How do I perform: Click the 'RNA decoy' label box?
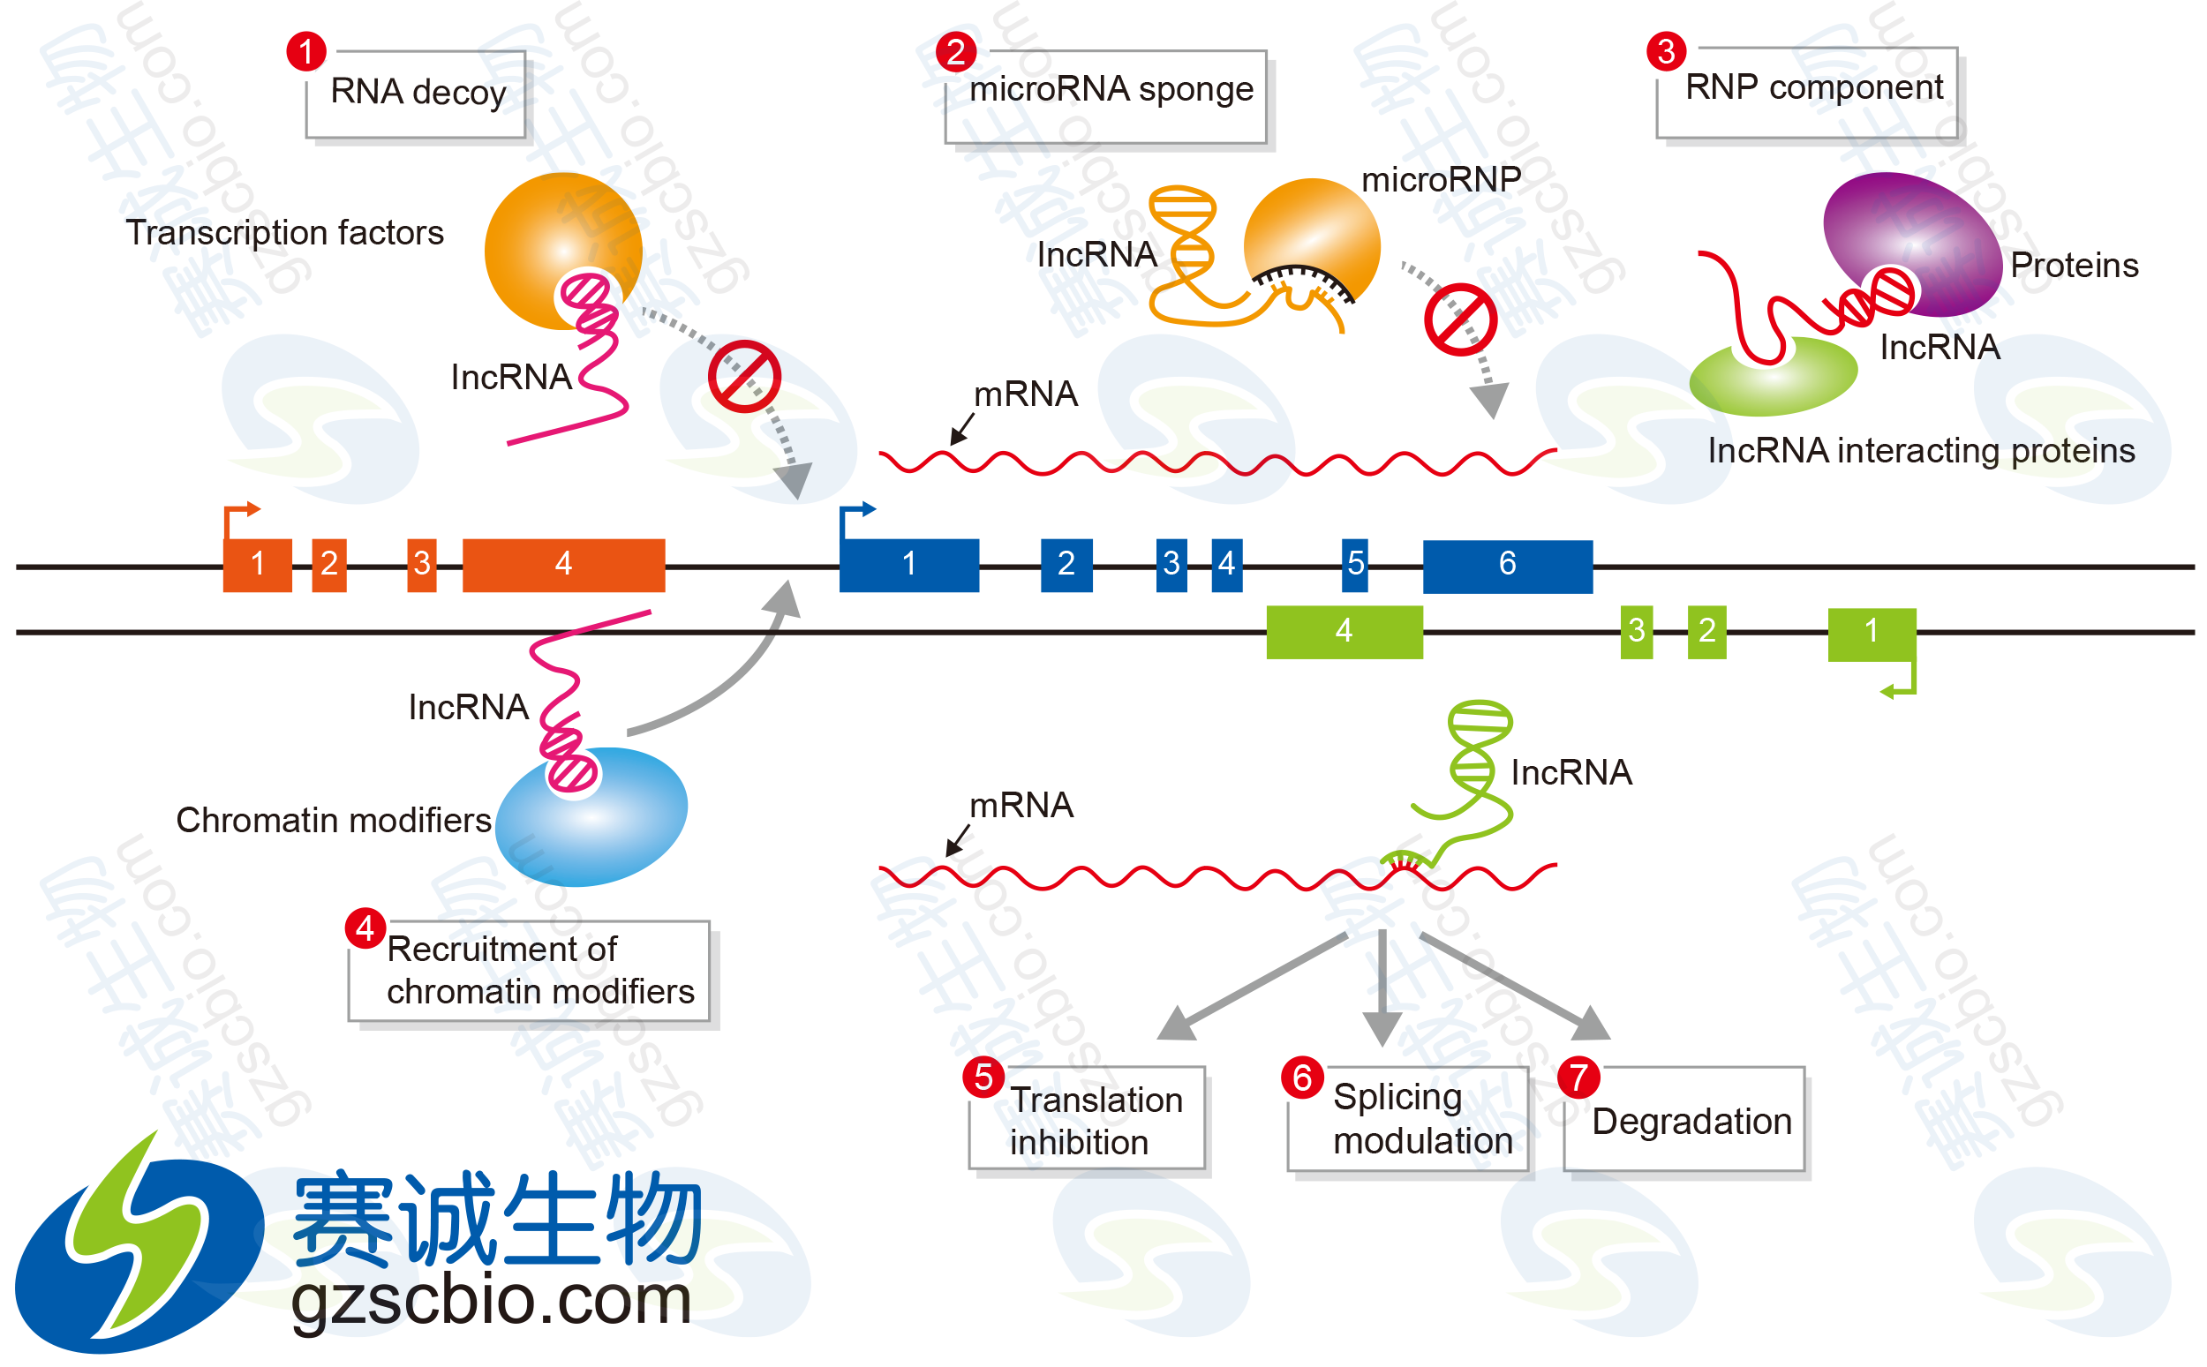pyautogui.click(x=417, y=95)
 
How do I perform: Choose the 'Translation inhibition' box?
pyautogui.click(x=1090, y=1119)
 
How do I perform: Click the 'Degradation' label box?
pyautogui.click(x=1687, y=1121)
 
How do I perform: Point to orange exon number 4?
pyautogui.click(x=563, y=563)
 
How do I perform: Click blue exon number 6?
pyautogui.click(x=1507, y=564)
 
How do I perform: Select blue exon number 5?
pyautogui.click(x=1354, y=563)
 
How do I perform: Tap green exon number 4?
pyautogui.click(x=1344, y=630)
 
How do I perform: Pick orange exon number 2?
pyautogui.click(x=329, y=563)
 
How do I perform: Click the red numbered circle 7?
pyautogui.click(x=1578, y=1077)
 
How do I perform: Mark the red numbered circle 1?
pyautogui.click(x=305, y=51)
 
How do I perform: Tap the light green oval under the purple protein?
pyautogui.click(x=1772, y=378)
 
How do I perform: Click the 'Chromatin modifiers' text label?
pyautogui.click(x=333, y=820)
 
